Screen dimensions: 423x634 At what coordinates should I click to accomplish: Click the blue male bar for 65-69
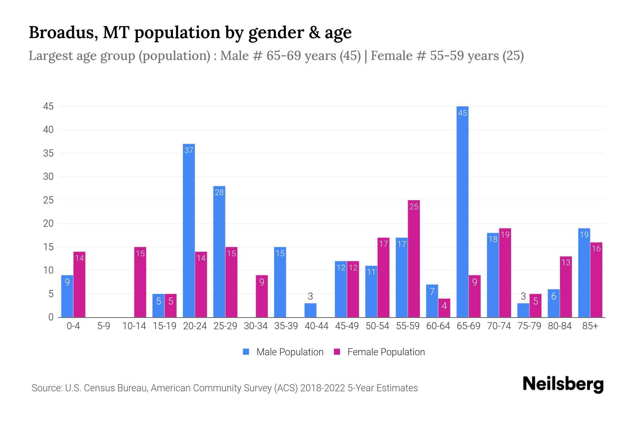pyautogui.click(x=462, y=211)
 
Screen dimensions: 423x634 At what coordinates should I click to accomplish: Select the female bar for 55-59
pyautogui.click(x=414, y=259)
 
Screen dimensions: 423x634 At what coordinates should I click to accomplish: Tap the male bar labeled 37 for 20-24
pyautogui.click(x=189, y=231)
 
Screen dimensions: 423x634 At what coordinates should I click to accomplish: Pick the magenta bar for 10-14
pyautogui.click(x=140, y=282)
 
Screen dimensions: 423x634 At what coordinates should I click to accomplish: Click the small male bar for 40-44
pyautogui.click(x=310, y=310)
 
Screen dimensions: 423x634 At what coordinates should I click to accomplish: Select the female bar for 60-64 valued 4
pyautogui.click(x=444, y=308)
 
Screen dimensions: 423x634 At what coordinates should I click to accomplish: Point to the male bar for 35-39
pyautogui.click(x=280, y=282)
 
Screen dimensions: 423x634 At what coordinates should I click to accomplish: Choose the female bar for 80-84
pyautogui.click(x=566, y=287)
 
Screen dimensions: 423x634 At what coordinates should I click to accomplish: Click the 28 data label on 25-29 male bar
pyautogui.click(x=219, y=192)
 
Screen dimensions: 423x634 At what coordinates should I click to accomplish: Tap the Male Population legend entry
pyautogui.click(x=283, y=352)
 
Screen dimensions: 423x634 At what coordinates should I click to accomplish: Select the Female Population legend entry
pyautogui.click(x=379, y=352)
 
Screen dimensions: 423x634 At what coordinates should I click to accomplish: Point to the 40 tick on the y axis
pyautogui.click(x=48, y=130)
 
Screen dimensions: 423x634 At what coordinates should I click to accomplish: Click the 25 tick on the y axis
pyautogui.click(x=48, y=200)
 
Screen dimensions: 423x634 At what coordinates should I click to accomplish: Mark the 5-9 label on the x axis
pyautogui.click(x=104, y=326)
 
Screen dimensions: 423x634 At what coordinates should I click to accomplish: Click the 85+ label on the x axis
pyautogui.click(x=590, y=326)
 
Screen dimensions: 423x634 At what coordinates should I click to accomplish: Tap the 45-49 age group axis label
pyautogui.click(x=347, y=326)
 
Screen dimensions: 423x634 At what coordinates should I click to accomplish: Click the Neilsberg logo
pyautogui.click(x=563, y=384)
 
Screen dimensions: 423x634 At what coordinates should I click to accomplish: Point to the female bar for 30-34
pyautogui.click(x=262, y=296)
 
